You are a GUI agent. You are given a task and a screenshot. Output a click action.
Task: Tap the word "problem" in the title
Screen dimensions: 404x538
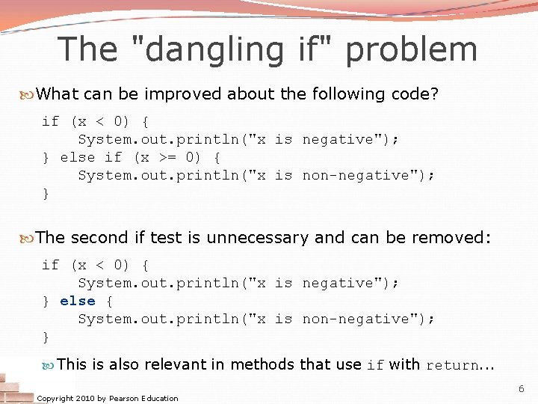pos(411,49)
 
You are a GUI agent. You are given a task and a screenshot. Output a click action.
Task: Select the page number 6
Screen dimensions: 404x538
pos(522,389)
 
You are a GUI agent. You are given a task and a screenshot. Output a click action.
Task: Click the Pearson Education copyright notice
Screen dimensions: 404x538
pos(108,398)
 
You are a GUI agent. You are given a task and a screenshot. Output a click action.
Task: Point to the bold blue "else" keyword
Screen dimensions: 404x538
pos(78,301)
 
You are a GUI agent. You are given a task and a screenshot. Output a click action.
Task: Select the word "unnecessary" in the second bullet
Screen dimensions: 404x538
pos(257,238)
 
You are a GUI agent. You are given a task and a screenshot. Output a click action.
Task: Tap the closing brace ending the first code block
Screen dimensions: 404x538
pos(46,193)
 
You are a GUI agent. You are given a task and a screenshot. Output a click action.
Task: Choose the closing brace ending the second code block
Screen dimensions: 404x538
pos(46,337)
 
